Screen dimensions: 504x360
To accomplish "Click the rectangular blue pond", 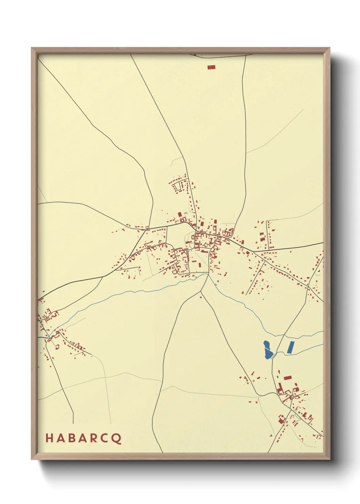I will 290,347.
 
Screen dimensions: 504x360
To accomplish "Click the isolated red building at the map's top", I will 211,67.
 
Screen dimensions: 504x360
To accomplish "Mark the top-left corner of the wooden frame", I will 32,48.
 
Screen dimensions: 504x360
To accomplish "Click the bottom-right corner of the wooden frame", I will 329,459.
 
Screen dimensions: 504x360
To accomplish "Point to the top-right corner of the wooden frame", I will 329,48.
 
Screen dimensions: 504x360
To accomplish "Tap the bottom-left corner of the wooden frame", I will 32,459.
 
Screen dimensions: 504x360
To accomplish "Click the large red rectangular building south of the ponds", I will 288,377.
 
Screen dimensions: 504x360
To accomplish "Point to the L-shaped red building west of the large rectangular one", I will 281,388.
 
